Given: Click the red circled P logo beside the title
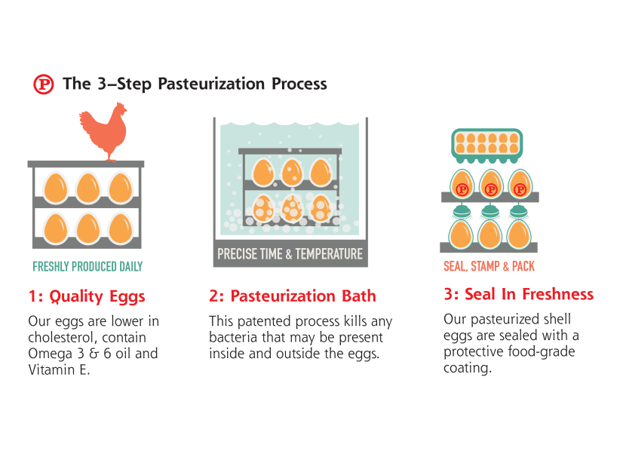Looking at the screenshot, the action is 43,84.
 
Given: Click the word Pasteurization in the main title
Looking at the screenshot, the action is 211,84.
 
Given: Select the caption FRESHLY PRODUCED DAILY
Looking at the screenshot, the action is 87,266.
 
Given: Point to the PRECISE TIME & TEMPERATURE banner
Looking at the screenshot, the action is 290,254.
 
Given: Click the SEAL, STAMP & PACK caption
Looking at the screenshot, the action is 489,266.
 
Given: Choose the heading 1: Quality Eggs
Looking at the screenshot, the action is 87,296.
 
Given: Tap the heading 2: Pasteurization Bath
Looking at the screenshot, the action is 293,296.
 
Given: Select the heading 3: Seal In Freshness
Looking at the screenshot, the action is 519,294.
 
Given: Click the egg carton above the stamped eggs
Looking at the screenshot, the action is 486,146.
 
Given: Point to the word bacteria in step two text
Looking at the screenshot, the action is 233,338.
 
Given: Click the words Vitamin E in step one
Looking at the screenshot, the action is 59,370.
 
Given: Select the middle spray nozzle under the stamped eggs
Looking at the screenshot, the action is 490,212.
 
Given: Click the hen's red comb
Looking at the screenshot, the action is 120,106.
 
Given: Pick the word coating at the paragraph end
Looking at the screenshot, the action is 468,368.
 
